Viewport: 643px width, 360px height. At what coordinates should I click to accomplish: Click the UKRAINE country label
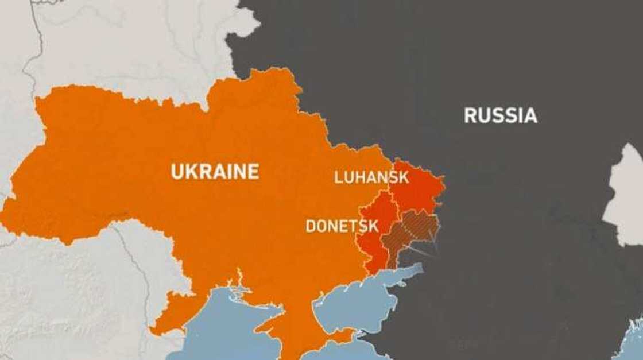pyautogui.click(x=215, y=172)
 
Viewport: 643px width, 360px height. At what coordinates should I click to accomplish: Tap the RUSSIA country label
pyautogui.click(x=501, y=115)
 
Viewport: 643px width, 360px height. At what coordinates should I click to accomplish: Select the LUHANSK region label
pyautogui.click(x=371, y=177)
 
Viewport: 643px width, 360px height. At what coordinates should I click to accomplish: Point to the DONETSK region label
pyautogui.click(x=342, y=226)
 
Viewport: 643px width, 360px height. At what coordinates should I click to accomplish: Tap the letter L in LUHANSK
pyautogui.click(x=338, y=177)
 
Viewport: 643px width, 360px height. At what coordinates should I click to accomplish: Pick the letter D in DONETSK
pyautogui.click(x=310, y=226)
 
